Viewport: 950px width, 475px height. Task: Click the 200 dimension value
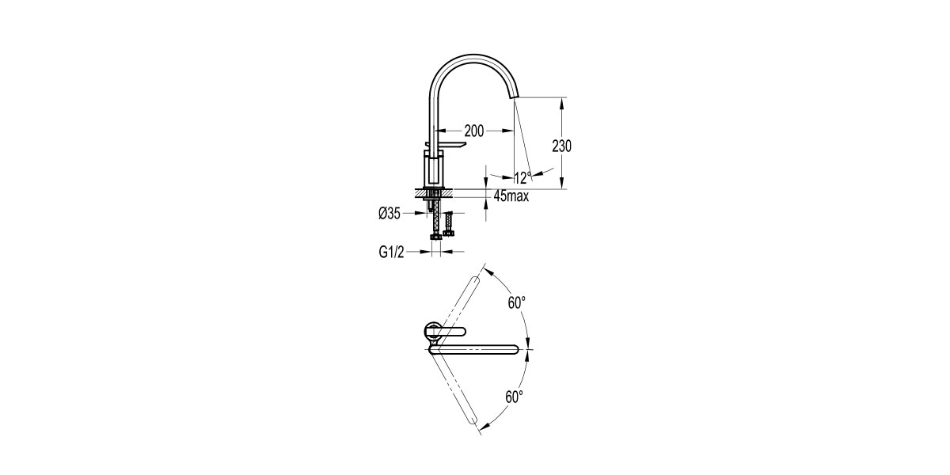[x=475, y=130]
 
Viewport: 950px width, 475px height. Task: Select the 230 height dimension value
[x=561, y=146]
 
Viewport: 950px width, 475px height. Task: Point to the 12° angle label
[x=520, y=178]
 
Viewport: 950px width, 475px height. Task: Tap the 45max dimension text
[x=510, y=196]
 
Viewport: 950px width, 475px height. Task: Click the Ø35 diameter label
[x=389, y=213]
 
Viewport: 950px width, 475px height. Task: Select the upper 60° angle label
[x=517, y=302]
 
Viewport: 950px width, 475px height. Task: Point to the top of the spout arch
[x=475, y=58]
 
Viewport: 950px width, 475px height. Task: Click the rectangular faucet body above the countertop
[x=435, y=171]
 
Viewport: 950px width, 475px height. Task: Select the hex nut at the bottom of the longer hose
[x=435, y=236]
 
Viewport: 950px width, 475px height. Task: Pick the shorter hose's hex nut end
[x=450, y=233]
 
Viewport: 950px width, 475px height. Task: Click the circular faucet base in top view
[x=432, y=329]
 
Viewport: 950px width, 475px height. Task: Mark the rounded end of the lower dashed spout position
[x=477, y=428]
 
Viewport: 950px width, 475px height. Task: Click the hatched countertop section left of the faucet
[x=420, y=192]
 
